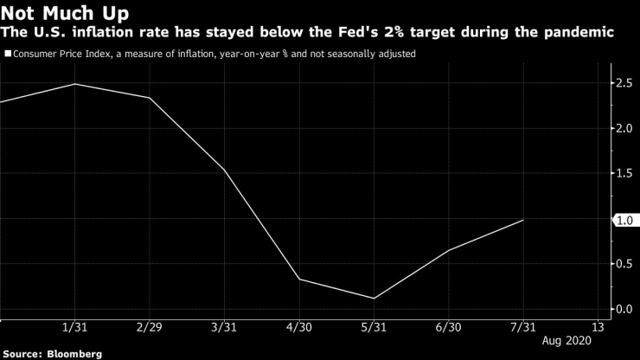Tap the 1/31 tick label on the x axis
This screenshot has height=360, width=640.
[x=74, y=328]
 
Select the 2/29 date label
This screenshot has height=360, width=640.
[x=149, y=328]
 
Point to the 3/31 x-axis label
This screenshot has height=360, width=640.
[x=224, y=328]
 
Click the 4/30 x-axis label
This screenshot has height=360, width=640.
[x=299, y=328]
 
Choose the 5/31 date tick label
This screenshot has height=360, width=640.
[x=374, y=328]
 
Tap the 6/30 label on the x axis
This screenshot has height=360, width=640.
[x=449, y=328]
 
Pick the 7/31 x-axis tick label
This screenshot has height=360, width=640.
[x=523, y=328]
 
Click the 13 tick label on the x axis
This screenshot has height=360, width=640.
[x=598, y=328]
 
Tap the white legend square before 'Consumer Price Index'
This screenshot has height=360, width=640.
[x=8, y=54]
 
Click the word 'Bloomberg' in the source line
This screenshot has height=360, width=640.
[x=75, y=354]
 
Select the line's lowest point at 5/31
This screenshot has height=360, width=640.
[x=374, y=299]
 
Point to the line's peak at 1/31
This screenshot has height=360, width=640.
[x=74, y=84]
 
